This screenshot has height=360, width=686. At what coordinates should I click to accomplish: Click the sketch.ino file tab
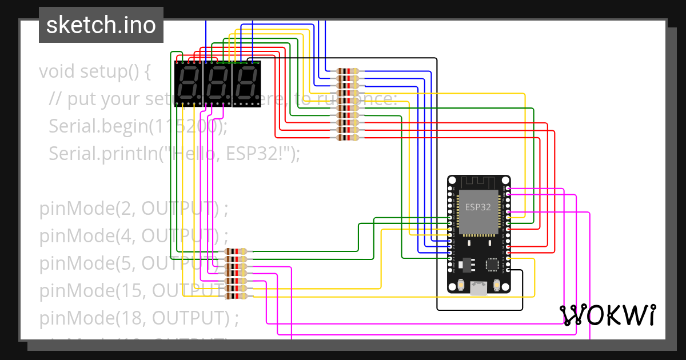(101, 25)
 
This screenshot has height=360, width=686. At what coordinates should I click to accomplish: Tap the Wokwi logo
(607, 315)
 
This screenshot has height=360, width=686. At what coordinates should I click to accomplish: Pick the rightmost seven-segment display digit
(246, 83)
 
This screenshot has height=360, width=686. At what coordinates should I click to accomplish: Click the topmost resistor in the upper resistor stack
(348, 71)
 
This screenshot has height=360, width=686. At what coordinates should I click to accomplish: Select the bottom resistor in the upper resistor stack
(348, 138)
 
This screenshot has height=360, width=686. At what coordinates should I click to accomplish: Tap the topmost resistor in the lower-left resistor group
(236, 251)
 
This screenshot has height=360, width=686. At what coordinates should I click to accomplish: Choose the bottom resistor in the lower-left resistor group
(236, 296)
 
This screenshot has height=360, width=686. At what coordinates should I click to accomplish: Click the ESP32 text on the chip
(478, 207)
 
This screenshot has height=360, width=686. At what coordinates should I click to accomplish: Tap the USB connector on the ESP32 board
(478, 289)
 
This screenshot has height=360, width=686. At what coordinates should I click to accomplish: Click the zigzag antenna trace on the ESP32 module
(478, 183)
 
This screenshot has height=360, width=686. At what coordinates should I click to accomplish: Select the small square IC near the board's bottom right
(492, 264)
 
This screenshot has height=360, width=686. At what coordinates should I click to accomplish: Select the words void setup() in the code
(94, 72)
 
